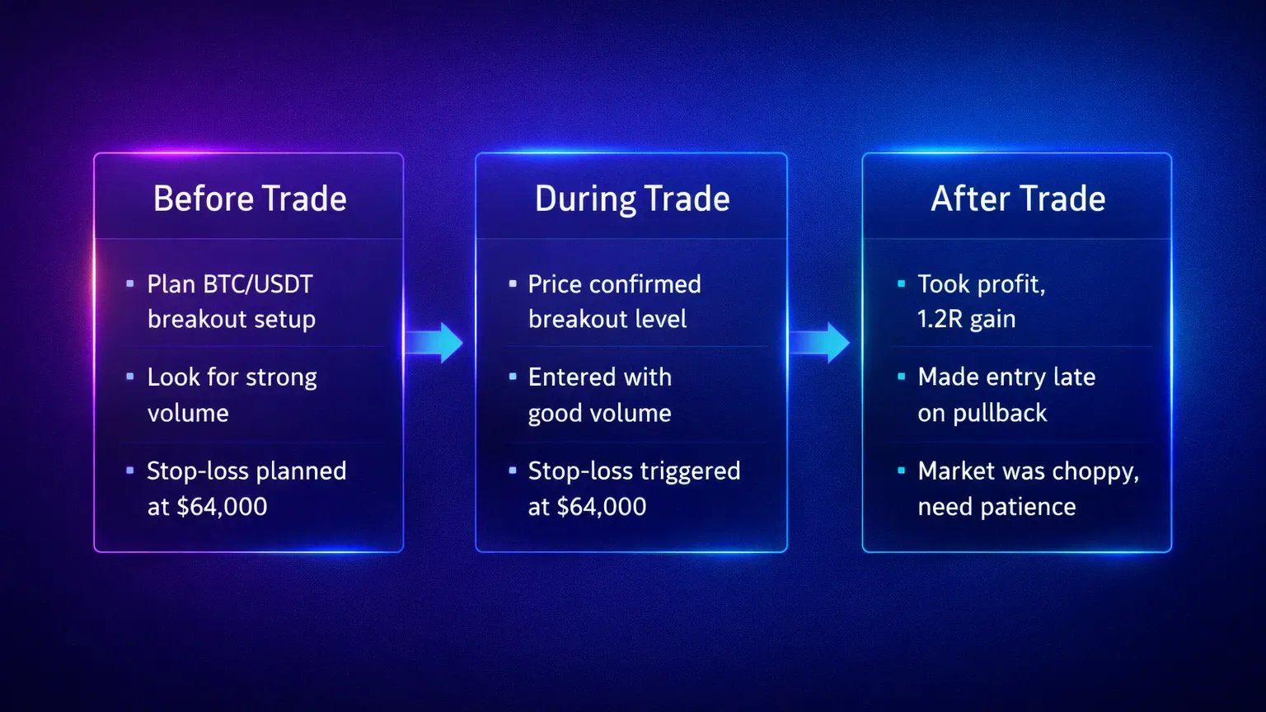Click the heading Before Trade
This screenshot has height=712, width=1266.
250,199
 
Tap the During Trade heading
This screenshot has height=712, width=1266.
632,199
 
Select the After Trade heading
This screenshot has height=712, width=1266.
1018,199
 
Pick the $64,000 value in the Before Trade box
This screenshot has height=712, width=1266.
222,507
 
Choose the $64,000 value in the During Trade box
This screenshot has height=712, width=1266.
602,507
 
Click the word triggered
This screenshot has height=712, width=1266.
693,471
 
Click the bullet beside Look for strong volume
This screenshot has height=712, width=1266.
130,377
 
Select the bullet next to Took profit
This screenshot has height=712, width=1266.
901,283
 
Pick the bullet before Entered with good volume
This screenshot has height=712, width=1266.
513,377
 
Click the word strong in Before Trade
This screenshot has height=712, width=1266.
281,377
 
